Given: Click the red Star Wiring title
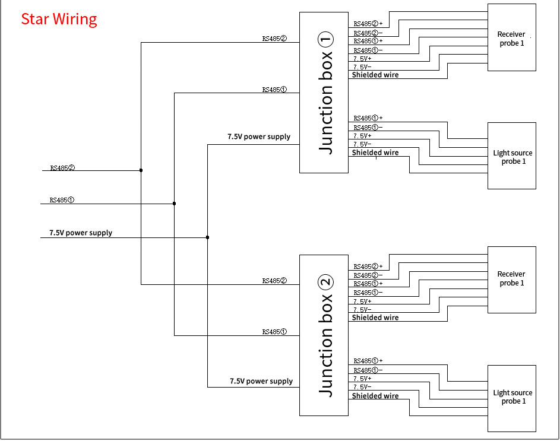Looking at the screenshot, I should point(59,19).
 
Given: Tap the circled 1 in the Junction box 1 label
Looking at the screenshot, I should point(326,40).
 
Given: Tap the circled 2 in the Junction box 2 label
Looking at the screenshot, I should point(326,283).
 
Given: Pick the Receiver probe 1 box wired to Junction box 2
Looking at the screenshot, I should point(511,280).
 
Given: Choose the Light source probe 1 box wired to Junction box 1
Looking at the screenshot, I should point(511,156).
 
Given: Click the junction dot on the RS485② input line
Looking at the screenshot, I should point(141,170).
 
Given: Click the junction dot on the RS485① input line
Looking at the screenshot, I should point(174,204).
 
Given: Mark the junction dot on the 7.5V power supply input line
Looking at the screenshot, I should point(207,237).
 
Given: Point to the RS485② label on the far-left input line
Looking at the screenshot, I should point(62,167).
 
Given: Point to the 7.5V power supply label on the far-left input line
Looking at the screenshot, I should point(81,233).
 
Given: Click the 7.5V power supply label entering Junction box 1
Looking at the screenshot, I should point(259,137).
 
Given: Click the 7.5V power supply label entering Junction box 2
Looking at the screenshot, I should point(261,381).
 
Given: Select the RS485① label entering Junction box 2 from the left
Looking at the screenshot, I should point(274,332).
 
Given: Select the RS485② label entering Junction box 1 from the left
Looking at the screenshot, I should point(274,39).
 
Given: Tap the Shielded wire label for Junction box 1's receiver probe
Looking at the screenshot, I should point(375,75).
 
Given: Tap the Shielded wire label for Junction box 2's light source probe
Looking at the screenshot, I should point(375,396).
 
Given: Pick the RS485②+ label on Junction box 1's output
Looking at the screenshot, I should point(368,24).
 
